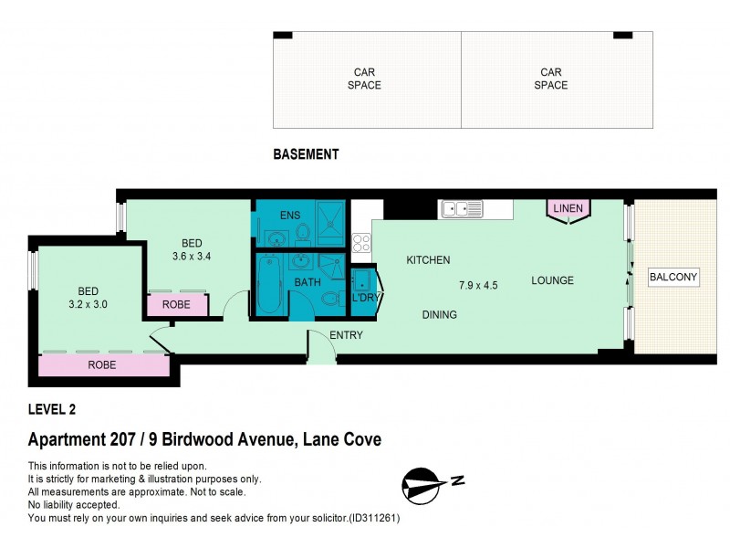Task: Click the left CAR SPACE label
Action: (x=365, y=79)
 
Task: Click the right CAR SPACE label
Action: (x=551, y=79)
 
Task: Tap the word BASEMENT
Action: (x=306, y=154)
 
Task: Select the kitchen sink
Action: (x=462, y=209)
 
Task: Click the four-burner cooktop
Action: (x=361, y=243)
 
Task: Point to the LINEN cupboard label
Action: (x=567, y=209)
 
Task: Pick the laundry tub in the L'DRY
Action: (x=361, y=279)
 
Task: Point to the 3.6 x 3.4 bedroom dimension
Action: (x=191, y=257)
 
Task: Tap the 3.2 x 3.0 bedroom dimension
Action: (x=88, y=304)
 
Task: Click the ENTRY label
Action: (x=346, y=335)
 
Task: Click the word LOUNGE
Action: (x=552, y=280)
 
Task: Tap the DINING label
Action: (x=439, y=315)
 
